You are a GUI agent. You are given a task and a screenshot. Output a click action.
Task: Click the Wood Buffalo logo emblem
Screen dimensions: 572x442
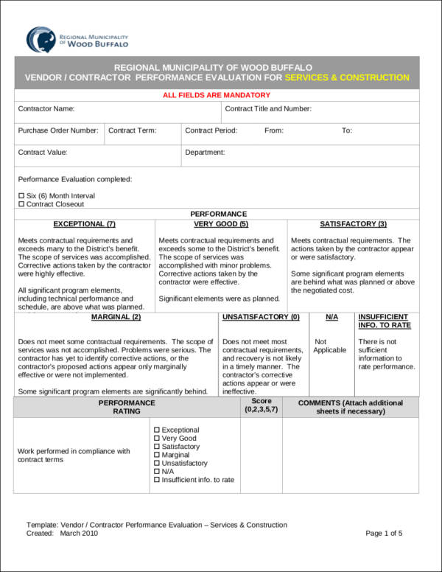tap(40, 39)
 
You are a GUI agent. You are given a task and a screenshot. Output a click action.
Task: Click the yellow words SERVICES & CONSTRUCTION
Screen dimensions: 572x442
tap(346, 77)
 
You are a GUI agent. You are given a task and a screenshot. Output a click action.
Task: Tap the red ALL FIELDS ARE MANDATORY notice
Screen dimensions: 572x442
tap(216, 95)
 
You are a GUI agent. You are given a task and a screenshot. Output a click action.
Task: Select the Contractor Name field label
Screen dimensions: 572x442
tap(46, 109)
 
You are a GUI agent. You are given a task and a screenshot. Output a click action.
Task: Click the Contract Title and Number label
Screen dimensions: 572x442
tap(268, 109)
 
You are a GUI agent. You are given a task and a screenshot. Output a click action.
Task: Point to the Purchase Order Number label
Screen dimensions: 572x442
tap(58, 130)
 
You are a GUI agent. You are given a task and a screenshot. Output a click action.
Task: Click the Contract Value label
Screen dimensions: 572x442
tap(43, 153)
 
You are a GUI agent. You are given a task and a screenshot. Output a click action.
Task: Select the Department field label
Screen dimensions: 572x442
tap(205, 153)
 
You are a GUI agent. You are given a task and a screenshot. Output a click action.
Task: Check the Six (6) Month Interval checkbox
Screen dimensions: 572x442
tap(21, 195)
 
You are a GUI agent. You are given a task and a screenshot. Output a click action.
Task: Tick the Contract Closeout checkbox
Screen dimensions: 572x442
tap(21, 204)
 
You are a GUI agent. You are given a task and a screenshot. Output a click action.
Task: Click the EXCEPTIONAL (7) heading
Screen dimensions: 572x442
tap(85, 223)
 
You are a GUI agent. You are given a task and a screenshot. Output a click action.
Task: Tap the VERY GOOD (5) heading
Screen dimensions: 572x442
tap(221, 223)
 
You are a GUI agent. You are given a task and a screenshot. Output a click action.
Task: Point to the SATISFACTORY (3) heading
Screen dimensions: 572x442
tap(353, 223)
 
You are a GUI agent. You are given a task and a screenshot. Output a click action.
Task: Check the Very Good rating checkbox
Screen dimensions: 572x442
tap(157, 439)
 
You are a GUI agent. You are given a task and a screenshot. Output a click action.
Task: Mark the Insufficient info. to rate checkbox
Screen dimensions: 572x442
tap(157, 480)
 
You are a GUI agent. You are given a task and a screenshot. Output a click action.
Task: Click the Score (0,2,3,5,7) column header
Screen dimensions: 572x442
tap(261, 406)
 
